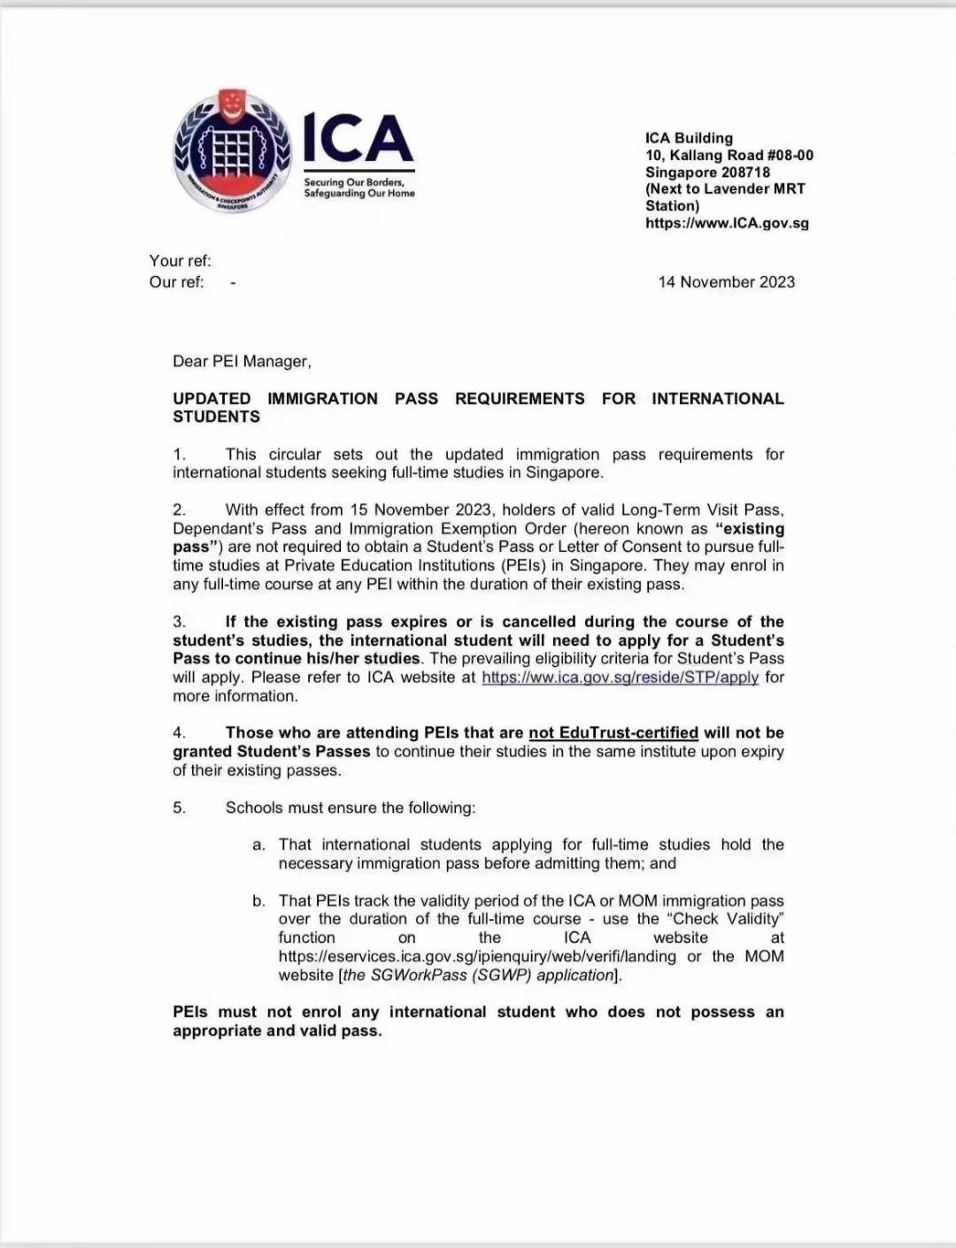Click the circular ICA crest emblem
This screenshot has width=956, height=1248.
coord(232,152)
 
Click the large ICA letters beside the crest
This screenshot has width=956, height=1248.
coord(358,139)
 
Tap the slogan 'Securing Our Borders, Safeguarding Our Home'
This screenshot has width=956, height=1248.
coord(358,188)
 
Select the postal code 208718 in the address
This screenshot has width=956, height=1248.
coord(742,172)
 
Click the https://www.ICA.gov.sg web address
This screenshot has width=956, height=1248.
coord(727,223)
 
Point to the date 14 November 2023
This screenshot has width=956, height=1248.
coord(726,282)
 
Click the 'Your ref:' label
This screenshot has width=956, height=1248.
coord(180,261)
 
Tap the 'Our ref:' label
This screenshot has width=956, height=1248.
coord(176,282)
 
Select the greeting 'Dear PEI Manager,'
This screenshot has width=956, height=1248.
coord(242,361)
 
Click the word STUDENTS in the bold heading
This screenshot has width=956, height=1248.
coord(216,417)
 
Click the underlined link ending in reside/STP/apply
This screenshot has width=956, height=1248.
coord(620,678)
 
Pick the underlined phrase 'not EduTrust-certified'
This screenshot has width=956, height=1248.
coord(613,732)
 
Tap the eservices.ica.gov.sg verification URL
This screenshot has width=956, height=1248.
coord(477,956)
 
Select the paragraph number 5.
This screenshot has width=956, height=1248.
coord(179,808)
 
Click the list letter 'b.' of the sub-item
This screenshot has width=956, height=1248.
coord(258,900)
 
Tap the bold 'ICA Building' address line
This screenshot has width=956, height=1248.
coord(689,138)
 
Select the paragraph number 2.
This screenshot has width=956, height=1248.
coord(179,509)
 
